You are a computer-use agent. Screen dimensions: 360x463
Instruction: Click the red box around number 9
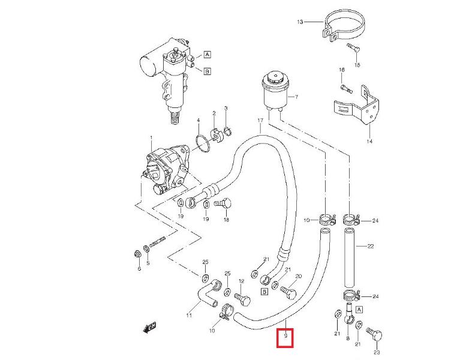285,338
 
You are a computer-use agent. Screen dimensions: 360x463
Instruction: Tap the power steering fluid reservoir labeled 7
275,90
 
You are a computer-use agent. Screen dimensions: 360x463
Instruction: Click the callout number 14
369,142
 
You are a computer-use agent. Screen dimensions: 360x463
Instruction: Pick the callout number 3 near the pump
226,109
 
